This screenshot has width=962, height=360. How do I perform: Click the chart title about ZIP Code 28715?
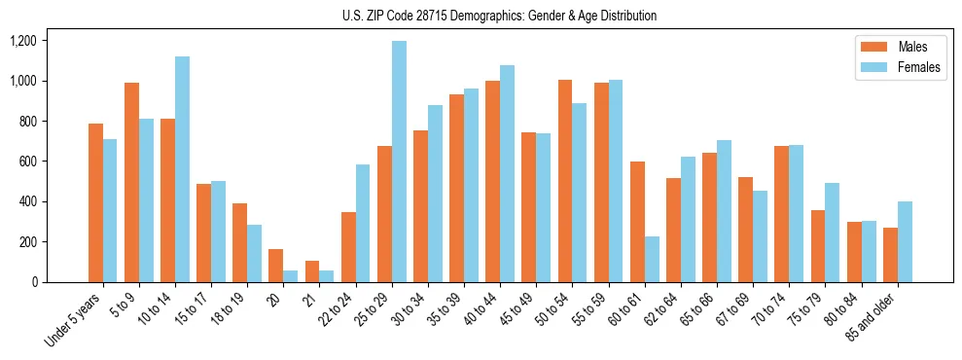[499, 16]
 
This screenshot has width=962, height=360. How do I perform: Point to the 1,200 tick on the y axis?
[21, 41]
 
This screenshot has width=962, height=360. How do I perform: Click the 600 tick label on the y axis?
[26, 162]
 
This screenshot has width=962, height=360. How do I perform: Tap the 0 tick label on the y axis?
[34, 282]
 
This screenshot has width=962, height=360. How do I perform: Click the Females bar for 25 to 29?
[399, 162]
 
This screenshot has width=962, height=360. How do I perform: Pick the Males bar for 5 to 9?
[131, 182]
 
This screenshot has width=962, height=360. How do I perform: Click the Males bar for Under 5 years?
[95, 202]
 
